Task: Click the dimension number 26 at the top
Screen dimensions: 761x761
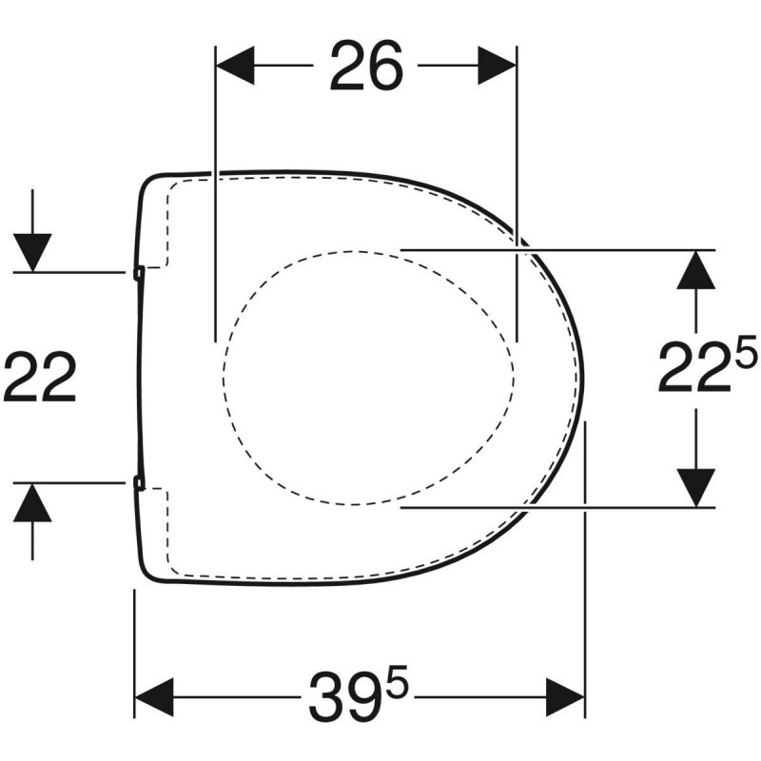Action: click(367, 67)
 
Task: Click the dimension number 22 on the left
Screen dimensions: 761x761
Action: click(40, 378)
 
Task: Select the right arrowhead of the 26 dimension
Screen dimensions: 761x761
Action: click(497, 67)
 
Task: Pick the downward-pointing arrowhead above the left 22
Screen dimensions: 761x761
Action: click(33, 251)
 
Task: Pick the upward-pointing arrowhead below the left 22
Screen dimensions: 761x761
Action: click(33, 502)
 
